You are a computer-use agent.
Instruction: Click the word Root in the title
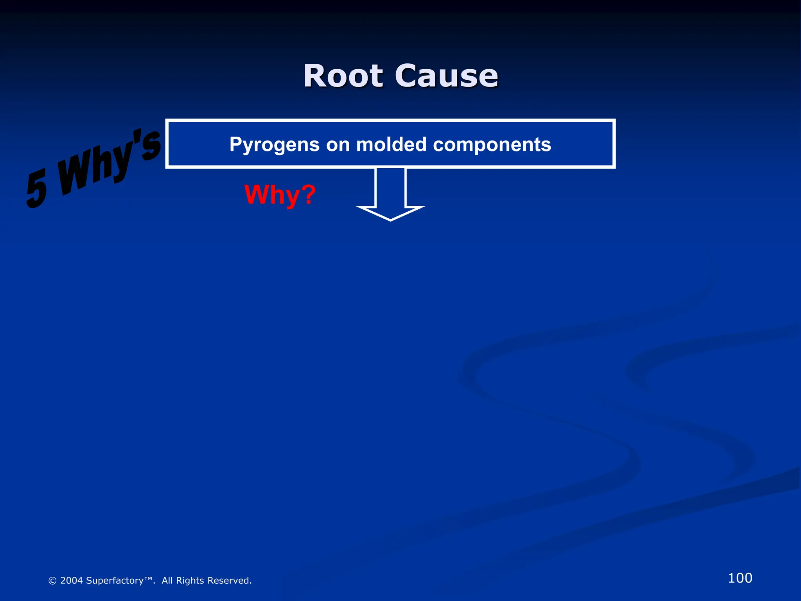tap(343, 76)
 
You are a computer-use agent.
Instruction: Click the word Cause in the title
tap(446, 76)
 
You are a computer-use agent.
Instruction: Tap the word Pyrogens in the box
tap(275, 144)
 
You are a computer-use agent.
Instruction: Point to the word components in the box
tap(492, 144)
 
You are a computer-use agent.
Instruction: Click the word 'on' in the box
tap(338, 144)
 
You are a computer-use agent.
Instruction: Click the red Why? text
tap(280, 194)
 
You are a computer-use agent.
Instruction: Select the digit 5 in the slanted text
tap(37, 189)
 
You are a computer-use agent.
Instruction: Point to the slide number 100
tap(740, 578)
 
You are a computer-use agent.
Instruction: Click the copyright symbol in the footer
tap(52, 581)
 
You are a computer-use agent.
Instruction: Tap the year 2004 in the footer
tap(72, 581)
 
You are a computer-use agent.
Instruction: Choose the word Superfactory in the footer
tap(115, 581)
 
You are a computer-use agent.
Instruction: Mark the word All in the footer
tap(167, 581)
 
